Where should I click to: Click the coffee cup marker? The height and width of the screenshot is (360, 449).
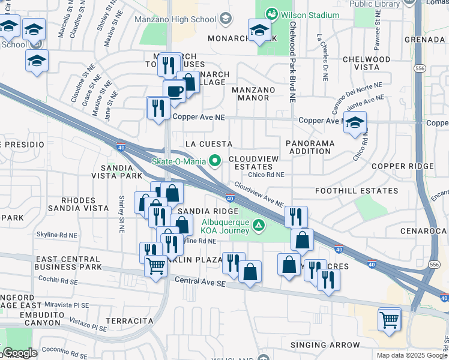coord(174,92)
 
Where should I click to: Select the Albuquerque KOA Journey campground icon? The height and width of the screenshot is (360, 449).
coord(259,226)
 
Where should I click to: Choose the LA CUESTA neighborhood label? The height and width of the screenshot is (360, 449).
coord(208,144)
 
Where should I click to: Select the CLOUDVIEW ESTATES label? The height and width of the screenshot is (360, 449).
coord(253,163)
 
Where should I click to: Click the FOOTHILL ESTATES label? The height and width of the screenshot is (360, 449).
coord(357,191)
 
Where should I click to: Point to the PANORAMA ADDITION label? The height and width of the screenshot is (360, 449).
coord(309,148)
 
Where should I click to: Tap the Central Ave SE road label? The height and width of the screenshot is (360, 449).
coord(199,281)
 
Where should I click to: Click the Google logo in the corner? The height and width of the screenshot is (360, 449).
coord(20,353)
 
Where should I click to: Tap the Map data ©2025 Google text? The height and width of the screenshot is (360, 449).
coord(410,355)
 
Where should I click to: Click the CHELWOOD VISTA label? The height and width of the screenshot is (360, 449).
coord(366,64)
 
